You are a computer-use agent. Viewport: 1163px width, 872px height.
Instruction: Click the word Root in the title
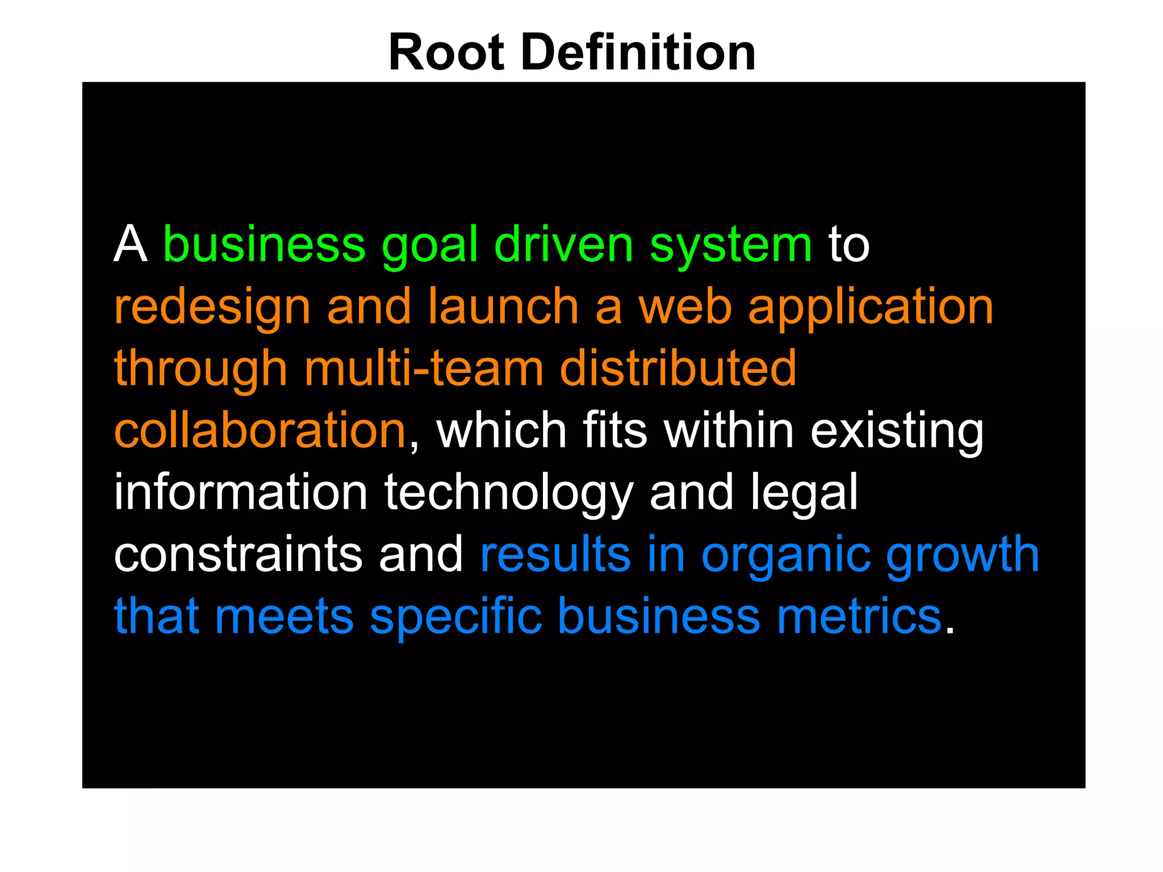446,53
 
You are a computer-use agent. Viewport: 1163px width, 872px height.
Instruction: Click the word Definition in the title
638,53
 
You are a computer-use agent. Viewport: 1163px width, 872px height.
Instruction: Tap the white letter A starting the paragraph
131,245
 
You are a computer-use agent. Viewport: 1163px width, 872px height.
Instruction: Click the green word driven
563,245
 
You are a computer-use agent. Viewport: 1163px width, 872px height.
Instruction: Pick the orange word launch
503,307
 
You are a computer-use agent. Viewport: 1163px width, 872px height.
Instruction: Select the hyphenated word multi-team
424,368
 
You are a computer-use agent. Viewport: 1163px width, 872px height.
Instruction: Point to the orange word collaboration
260,430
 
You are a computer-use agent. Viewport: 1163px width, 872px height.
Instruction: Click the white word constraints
238,554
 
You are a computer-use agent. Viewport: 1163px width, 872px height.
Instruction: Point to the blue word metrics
859,616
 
